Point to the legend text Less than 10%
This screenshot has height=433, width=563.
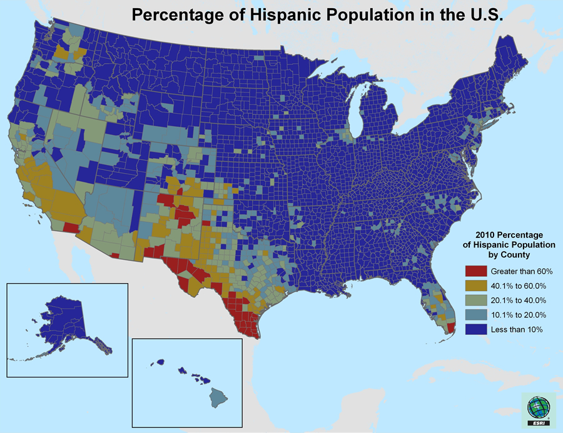(x=516, y=329)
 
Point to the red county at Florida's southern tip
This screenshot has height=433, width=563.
(x=450, y=327)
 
